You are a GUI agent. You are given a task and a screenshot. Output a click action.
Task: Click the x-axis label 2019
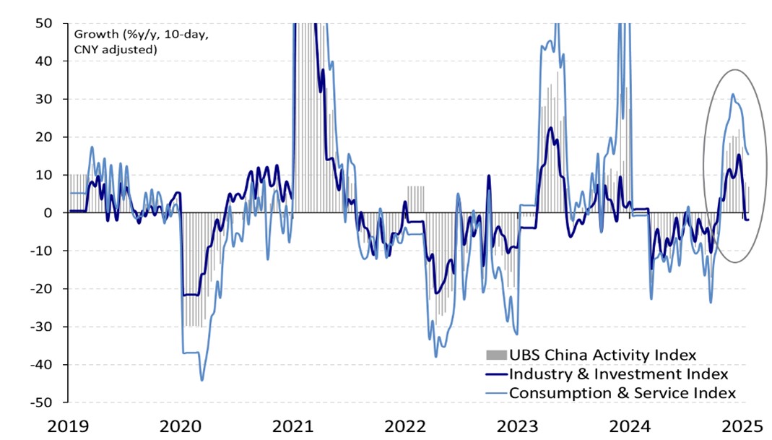pos(69,426)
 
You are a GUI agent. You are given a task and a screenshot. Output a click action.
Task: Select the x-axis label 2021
pos(294,426)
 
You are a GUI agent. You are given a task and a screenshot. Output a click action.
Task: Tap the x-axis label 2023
pos(519,426)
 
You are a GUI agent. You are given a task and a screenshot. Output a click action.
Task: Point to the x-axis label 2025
pos(744,426)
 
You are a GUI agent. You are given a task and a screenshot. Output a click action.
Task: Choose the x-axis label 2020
pos(181,426)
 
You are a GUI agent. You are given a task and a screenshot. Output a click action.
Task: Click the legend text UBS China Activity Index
pos(602,355)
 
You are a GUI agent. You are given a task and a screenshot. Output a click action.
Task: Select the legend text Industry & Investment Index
pos(618,374)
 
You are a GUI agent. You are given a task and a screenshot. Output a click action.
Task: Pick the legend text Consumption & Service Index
pos(623,393)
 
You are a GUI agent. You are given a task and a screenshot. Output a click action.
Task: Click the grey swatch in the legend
pos(496,355)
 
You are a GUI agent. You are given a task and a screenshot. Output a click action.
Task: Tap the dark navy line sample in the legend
pos(496,374)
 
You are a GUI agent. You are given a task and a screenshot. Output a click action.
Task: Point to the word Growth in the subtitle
pos(92,33)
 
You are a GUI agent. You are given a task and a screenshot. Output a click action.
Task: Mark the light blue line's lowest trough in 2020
pos(201,380)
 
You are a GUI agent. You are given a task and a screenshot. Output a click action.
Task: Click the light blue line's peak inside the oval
pos(732,94)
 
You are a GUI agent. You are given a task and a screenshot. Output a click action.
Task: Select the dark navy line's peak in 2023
pos(550,128)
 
